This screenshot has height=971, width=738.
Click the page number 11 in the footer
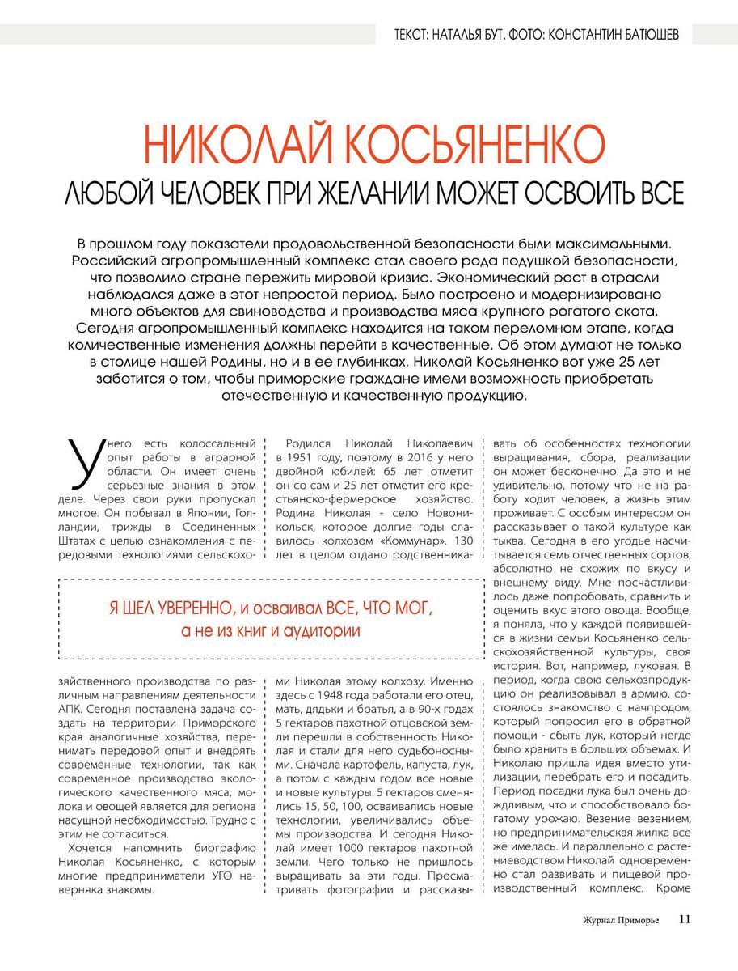[685, 919]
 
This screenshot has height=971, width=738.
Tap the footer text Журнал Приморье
[621, 920]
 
